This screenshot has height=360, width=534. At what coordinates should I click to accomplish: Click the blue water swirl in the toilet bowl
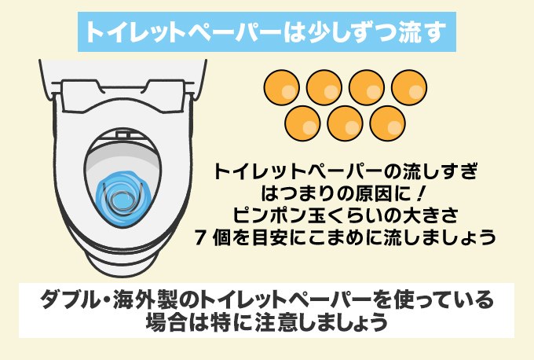[x=121, y=193]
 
